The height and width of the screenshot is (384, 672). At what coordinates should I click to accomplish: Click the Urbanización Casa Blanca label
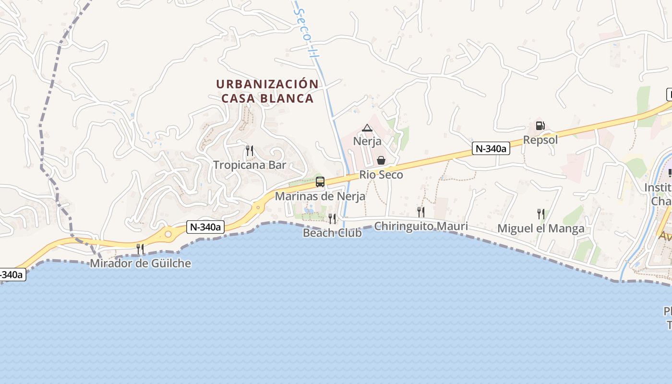point(267,91)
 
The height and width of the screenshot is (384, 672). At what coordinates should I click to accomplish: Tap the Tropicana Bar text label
point(250,165)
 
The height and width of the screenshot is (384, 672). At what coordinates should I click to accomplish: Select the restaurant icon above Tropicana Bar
point(249,151)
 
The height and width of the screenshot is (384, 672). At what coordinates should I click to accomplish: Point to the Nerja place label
point(367,141)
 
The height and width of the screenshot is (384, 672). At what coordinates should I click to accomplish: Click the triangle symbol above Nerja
point(367,128)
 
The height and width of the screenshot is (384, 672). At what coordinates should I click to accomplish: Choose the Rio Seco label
point(381,175)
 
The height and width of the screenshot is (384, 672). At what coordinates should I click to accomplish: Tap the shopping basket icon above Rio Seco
point(381,160)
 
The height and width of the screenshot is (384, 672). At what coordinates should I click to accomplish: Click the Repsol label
point(540,140)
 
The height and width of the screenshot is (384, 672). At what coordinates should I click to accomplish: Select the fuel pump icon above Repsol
point(540,126)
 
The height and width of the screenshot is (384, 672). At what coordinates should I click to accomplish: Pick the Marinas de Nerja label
point(320,196)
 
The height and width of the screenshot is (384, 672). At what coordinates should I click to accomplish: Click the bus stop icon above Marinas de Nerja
point(320,182)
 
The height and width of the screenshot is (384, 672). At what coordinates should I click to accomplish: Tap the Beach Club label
point(332,233)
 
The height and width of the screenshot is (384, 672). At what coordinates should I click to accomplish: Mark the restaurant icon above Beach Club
point(332,219)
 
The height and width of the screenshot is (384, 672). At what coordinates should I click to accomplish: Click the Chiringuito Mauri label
point(420,226)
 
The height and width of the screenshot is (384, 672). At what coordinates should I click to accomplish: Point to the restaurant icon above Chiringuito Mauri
point(420,212)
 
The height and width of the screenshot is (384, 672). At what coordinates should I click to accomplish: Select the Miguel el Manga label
point(540,228)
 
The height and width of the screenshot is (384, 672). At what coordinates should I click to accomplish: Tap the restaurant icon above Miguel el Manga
point(540,214)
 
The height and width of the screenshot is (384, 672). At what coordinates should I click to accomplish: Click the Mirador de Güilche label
point(140,263)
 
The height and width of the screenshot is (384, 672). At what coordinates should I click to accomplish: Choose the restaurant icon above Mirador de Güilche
point(140,249)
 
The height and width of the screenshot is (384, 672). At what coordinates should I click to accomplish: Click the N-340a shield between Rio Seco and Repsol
point(491,149)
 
